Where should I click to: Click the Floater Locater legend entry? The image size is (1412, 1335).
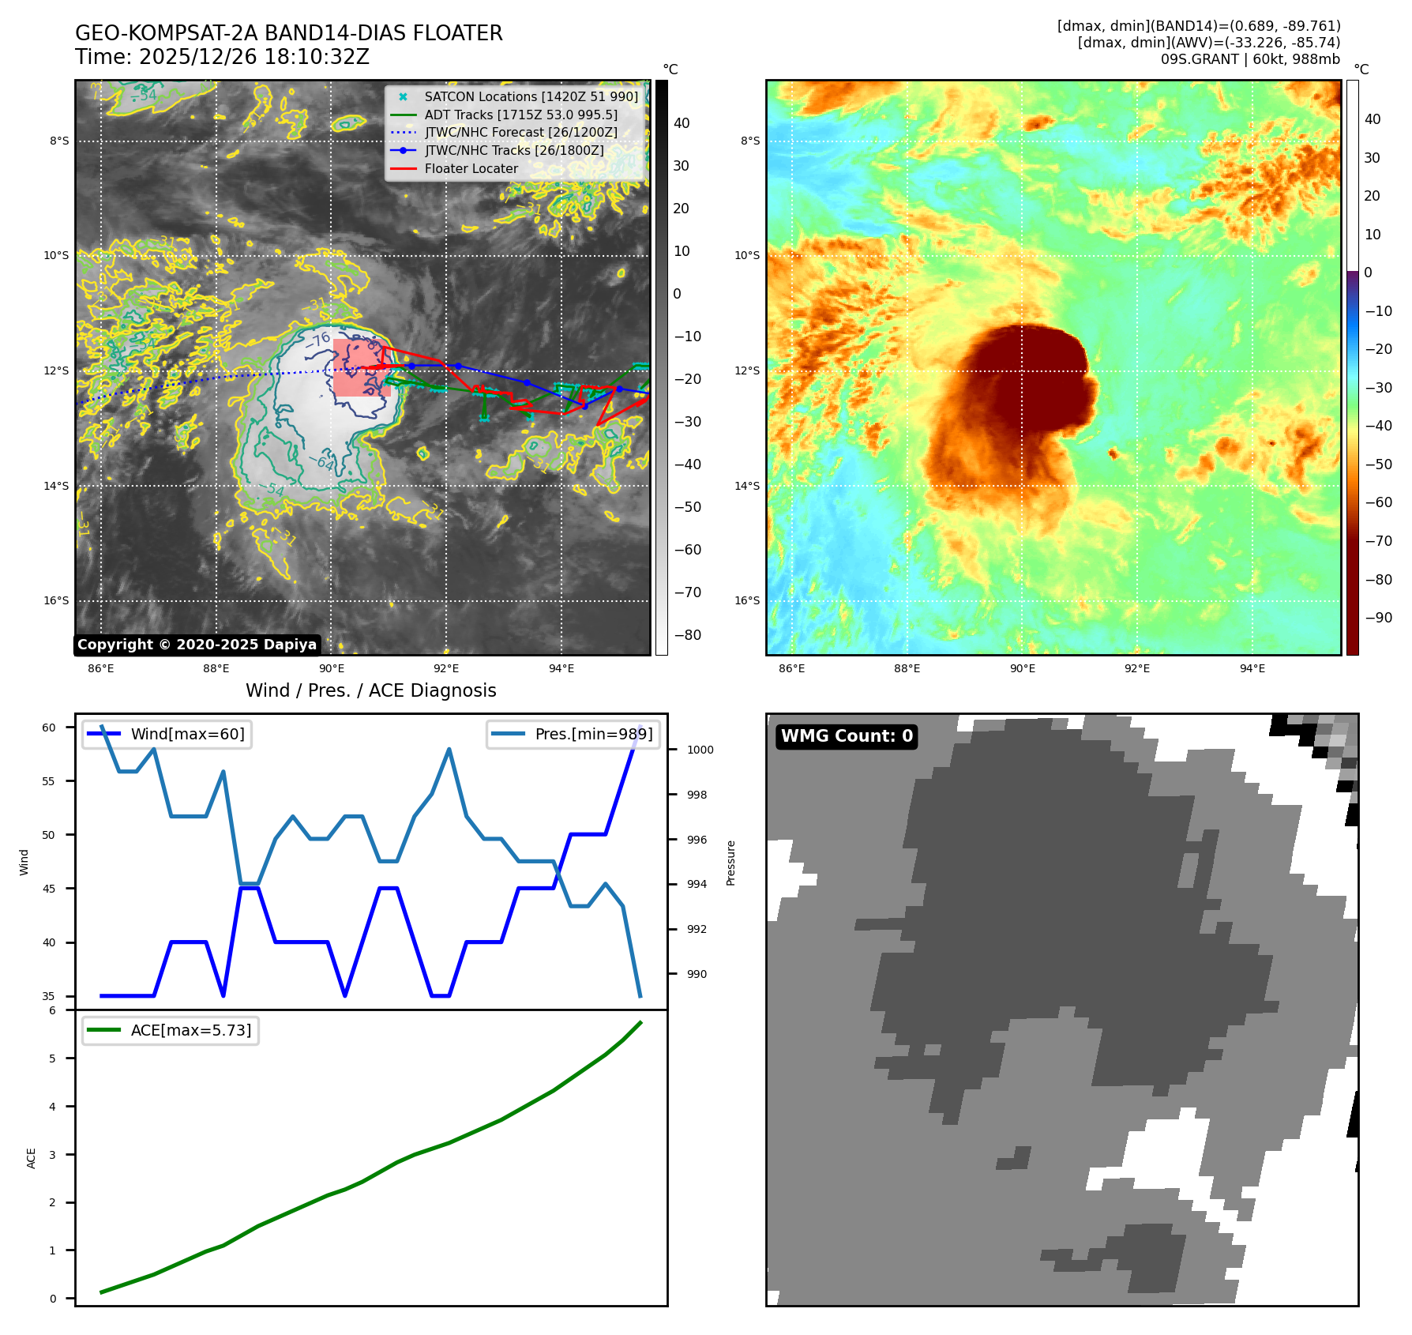(x=471, y=168)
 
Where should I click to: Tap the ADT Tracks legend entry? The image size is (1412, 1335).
(x=520, y=115)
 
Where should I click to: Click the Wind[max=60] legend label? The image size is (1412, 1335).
(x=187, y=734)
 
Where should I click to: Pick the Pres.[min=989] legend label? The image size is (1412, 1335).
(x=593, y=734)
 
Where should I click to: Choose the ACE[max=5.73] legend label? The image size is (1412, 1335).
(x=190, y=1030)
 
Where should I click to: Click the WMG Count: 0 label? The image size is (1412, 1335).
(x=847, y=736)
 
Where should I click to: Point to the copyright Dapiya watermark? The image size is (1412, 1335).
(x=197, y=645)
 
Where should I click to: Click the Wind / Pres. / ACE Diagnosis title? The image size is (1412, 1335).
(x=370, y=690)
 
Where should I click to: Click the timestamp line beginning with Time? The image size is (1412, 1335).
(x=222, y=57)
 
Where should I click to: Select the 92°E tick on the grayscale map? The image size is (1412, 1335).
(x=446, y=668)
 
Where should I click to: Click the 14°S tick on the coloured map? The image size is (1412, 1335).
(x=747, y=486)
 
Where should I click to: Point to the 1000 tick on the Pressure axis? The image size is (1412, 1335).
(x=700, y=750)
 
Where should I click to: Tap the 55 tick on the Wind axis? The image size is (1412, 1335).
(x=49, y=781)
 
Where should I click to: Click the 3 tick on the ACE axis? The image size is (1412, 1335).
(x=53, y=1154)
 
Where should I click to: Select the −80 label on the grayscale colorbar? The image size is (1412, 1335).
(x=687, y=635)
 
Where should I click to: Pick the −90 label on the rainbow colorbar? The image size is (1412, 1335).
(x=1378, y=618)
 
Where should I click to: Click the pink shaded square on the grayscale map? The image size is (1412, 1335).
(x=362, y=367)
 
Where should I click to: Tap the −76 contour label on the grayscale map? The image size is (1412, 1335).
(x=318, y=340)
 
